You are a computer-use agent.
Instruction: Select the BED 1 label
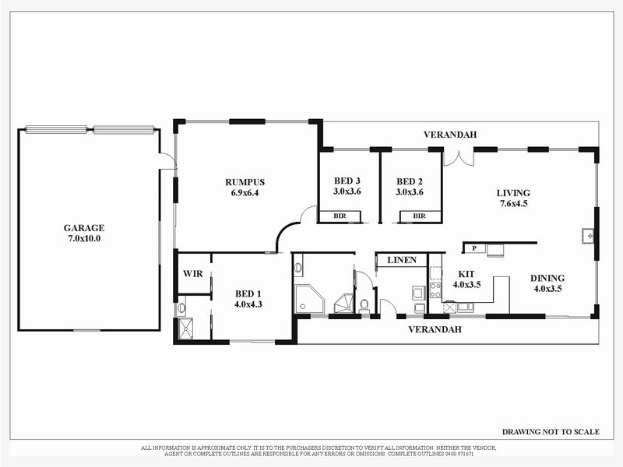pyautogui.click(x=248, y=293)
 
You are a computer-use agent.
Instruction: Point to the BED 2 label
pyautogui.click(x=409, y=181)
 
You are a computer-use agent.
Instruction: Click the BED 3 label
pyautogui.click(x=347, y=181)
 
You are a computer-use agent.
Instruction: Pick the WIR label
pyautogui.click(x=192, y=274)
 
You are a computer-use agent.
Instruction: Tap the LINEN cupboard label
pyautogui.click(x=402, y=260)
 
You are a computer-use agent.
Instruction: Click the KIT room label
pyautogui.click(x=466, y=274)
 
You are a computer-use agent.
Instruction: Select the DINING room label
pyautogui.click(x=547, y=278)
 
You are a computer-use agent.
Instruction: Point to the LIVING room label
pyautogui.click(x=513, y=193)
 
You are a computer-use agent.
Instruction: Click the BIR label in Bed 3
pyautogui.click(x=340, y=216)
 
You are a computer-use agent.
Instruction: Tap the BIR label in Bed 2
pyautogui.click(x=419, y=216)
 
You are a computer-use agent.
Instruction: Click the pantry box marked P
pyautogui.click(x=473, y=249)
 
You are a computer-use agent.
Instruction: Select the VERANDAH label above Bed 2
pyautogui.click(x=450, y=135)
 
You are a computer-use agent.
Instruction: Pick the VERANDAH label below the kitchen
pyautogui.click(x=435, y=329)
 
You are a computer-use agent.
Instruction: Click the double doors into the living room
pyautogui.click(x=458, y=158)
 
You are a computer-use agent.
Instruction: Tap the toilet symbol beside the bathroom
pyautogui.click(x=364, y=304)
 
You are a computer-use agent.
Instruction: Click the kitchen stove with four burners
pyautogui.click(x=435, y=290)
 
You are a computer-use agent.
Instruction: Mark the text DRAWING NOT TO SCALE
pyautogui.click(x=551, y=432)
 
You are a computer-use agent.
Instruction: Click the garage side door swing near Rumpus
pyautogui.click(x=167, y=161)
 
